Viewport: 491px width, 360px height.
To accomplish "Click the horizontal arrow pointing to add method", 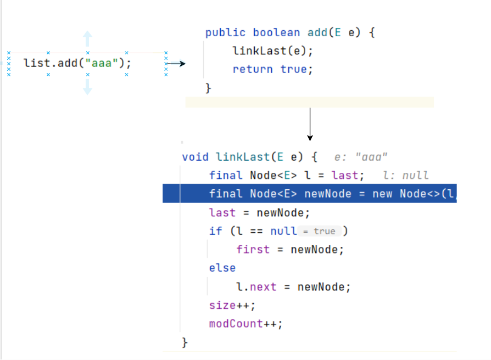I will [176, 64].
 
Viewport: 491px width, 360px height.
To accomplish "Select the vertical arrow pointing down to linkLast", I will [310, 124].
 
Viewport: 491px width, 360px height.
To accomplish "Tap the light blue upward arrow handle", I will [87, 38].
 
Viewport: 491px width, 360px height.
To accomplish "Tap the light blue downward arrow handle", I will [87, 87].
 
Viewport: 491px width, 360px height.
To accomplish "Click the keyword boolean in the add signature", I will [276, 32].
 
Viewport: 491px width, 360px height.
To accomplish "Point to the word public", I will [225, 32].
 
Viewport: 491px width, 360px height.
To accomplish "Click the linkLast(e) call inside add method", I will [272, 51].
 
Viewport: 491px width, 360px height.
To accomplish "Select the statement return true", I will [272, 69].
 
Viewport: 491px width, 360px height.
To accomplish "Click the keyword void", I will [195, 157].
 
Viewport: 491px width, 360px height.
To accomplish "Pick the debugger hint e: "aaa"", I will [361, 157].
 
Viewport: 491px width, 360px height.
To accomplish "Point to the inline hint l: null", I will [406, 176].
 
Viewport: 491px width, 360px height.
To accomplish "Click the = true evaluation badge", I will [319, 231].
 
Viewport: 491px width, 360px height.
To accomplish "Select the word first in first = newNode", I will [253, 250].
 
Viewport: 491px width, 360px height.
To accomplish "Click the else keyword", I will [222, 268].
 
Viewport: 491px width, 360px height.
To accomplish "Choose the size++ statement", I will [232, 305].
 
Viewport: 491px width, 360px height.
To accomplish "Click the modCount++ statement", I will [245, 324].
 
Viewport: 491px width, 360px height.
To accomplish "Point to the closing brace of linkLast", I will [185, 342].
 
